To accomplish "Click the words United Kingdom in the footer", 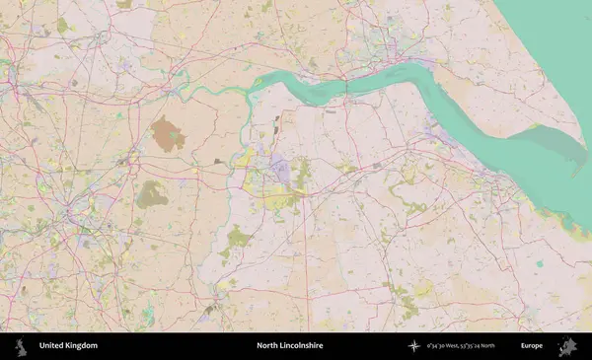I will pos(68,346).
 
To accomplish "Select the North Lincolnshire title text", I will pos(290,346).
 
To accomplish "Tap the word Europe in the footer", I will pos(532,346).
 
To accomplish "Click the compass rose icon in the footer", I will pos(414,346).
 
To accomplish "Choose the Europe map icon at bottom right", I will pos(568,346).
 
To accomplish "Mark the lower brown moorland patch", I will pos(151,194).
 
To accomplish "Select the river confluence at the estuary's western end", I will pos(251,85).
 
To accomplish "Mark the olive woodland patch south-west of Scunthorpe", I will pos(238,238).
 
